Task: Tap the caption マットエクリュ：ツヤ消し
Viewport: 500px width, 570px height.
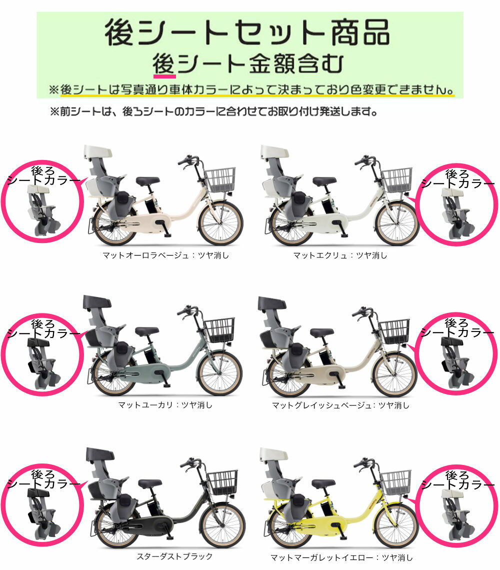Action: tap(340, 255)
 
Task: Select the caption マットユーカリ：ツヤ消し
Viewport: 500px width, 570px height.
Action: tap(165, 405)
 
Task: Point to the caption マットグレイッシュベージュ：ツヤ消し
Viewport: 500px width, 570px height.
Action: tap(340, 405)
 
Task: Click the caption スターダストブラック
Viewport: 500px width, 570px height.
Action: tap(174, 556)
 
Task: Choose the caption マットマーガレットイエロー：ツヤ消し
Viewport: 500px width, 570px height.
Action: tap(342, 557)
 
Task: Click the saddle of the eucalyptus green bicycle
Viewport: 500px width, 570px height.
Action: tap(147, 331)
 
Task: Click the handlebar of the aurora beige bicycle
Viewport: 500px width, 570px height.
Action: tap(188, 160)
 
